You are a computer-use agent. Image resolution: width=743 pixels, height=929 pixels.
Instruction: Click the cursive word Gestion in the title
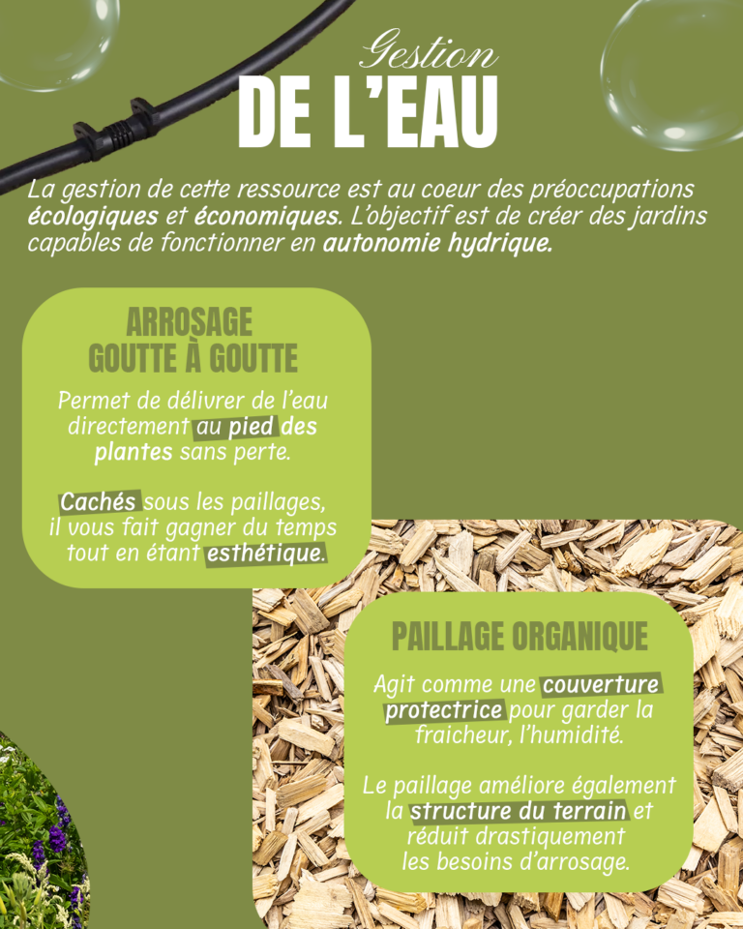pos(428,53)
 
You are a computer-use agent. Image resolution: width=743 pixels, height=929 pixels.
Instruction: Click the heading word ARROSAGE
pos(190,321)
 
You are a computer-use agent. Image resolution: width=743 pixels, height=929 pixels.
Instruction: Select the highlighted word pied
pos(252,427)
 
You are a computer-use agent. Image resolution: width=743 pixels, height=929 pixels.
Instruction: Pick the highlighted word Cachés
pos(100,503)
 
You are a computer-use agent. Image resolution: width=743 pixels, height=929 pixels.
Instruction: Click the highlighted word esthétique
pos(264,554)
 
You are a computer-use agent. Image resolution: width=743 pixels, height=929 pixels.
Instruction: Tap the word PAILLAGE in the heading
pos(448,637)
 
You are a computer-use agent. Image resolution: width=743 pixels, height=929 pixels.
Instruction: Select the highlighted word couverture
pos(601,685)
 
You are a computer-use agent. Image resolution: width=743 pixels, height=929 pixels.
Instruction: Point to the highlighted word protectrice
pos(444,711)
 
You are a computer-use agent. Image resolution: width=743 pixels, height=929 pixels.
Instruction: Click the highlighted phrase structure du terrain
pos(518,810)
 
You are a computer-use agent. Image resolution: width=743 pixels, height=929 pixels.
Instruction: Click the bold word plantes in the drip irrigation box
pos(134,452)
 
